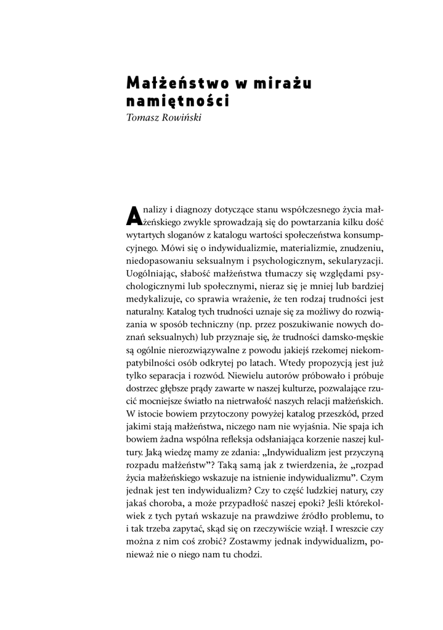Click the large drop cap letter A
tap(134, 216)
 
